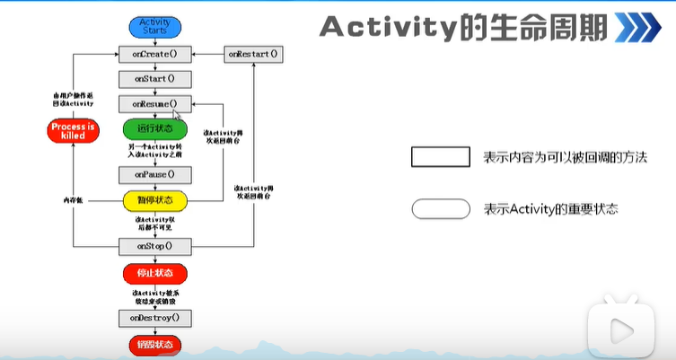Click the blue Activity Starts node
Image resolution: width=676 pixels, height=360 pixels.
[x=154, y=27]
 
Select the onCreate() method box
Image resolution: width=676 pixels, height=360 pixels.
[x=155, y=54]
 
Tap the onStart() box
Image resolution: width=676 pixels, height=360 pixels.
[x=155, y=79]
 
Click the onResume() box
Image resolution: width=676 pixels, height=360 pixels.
[x=155, y=104]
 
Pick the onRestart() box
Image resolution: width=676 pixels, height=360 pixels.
[x=252, y=54]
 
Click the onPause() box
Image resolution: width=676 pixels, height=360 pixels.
[x=155, y=173]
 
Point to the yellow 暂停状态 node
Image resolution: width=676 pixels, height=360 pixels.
[x=154, y=198]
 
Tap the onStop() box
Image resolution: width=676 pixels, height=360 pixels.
[x=155, y=244]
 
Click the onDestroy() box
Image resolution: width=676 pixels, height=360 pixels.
[x=155, y=317]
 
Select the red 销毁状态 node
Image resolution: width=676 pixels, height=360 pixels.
[x=154, y=344]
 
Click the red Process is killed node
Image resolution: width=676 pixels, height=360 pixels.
[x=73, y=131]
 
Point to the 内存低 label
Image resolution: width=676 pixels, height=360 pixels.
[x=74, y=198]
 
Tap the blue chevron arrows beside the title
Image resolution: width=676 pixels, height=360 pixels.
[x=641, y=27]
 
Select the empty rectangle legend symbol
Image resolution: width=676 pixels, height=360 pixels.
[x=440, y=157]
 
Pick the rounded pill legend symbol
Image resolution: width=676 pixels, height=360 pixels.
[x=440, y=209]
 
